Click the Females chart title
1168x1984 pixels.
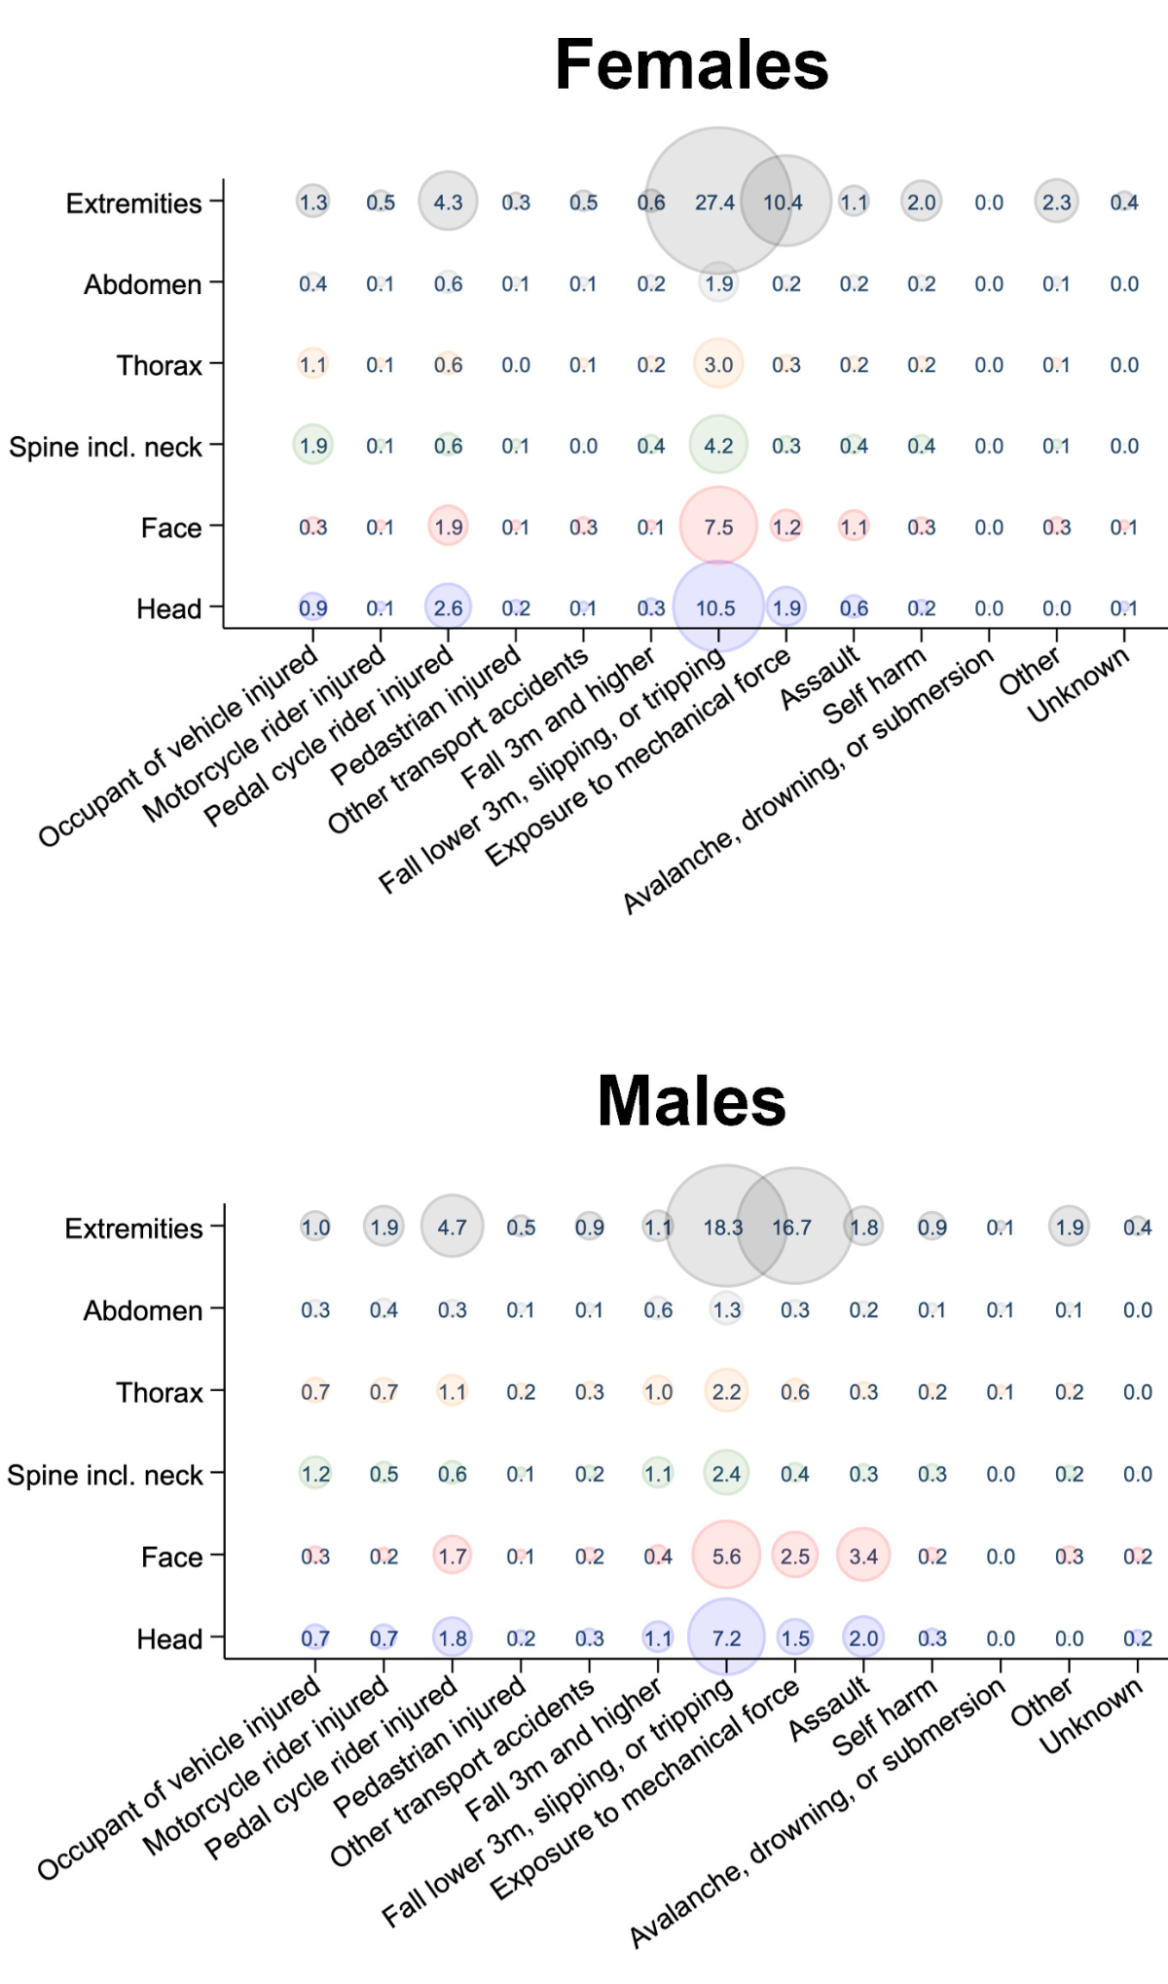691,65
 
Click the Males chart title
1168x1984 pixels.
691,1101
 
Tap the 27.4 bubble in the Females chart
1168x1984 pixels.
716,202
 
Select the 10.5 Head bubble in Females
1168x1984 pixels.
717,607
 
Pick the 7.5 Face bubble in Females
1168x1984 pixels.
718,527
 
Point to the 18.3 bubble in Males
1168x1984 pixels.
724,1227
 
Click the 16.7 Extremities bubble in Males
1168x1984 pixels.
793,1227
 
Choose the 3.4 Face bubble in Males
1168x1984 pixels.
863,1556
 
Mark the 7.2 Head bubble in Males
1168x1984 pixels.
726,1637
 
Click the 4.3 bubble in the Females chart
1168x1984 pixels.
448,202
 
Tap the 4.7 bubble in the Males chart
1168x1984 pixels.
452,1227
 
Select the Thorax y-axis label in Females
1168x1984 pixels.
160,365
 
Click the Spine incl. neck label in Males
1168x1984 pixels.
105,1475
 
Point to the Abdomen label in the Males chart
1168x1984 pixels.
143,1310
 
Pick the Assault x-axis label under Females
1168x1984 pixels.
820,678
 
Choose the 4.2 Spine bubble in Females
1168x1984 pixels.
718,446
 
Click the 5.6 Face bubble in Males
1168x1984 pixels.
726,1556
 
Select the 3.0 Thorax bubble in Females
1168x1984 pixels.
718,364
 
